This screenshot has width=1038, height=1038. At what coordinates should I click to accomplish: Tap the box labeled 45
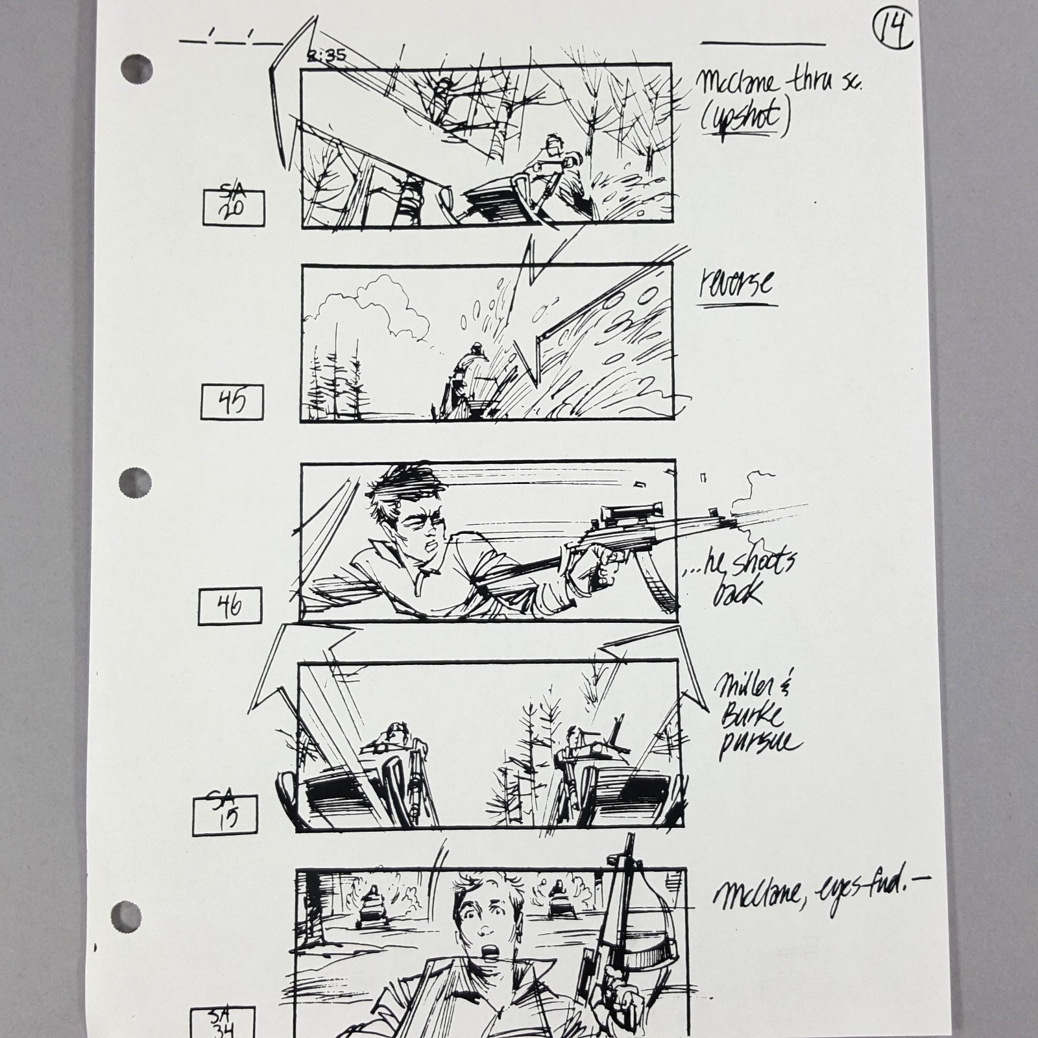[232, 402]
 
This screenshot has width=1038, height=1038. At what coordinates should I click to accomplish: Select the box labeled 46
[231, 605]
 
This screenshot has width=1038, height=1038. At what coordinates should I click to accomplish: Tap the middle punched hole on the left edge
[134, 483]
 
